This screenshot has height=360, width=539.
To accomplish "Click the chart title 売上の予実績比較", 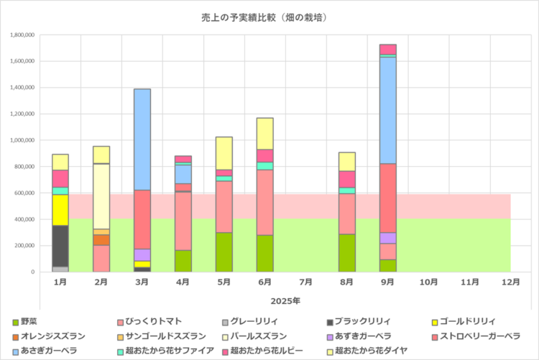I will coord(269,17).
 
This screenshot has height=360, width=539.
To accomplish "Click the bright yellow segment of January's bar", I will coord(60,210).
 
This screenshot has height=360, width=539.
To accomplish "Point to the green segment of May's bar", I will coord(224,252).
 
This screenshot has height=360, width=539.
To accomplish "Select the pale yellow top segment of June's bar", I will coord(265,134).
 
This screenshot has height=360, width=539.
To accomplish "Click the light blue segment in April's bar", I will coord(183,174).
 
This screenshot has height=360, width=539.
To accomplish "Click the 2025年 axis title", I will coord(286,299).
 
